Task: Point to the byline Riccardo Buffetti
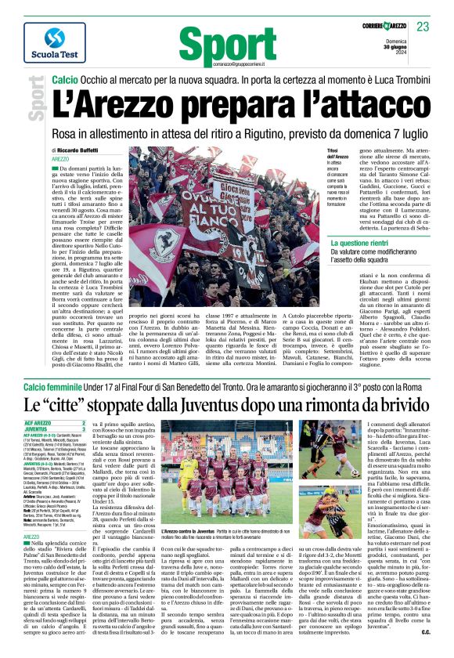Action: [86, 150]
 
